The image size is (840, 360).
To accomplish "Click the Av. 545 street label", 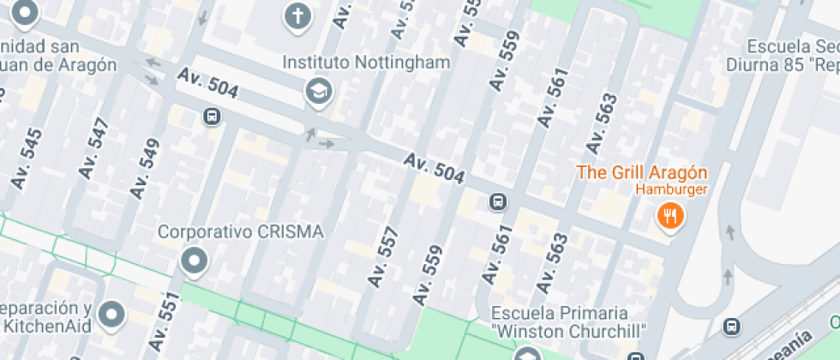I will point(27,159).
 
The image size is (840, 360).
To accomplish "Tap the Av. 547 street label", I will point(94,148).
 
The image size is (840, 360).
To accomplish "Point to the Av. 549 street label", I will point(145,169).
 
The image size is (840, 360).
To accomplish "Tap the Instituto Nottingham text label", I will point(367,63).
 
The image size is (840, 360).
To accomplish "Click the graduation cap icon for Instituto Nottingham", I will point(319,90).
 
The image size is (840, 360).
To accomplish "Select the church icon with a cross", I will point(297,16).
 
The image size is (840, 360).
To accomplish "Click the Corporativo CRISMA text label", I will point(241,232).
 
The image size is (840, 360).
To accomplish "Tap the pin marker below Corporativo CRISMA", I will point(195,261).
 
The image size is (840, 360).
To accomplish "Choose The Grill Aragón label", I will point(642,171).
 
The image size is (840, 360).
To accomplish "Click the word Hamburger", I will point(670,189).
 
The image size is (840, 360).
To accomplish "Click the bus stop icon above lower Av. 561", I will point(496,202).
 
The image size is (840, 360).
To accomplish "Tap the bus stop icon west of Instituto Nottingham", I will point(211,117).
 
